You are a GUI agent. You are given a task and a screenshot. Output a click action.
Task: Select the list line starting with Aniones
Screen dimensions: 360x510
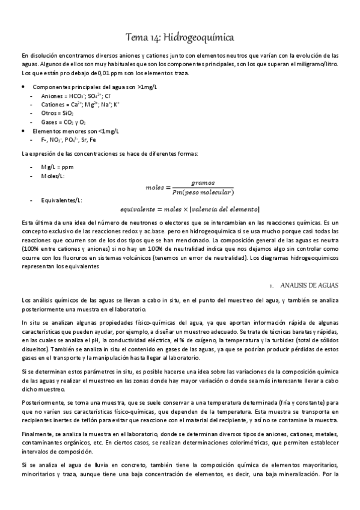[x=63, y=96]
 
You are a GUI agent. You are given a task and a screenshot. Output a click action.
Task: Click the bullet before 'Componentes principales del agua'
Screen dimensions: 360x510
[x=23, y=87]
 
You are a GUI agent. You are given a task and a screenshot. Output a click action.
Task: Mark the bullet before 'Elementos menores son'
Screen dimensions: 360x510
[x=23, y=131]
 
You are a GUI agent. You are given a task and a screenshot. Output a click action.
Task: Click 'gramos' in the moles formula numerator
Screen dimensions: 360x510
[x=203, y=182]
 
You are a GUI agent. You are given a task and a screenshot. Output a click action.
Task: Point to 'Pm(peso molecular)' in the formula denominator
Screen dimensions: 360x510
[x=203, y=192]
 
